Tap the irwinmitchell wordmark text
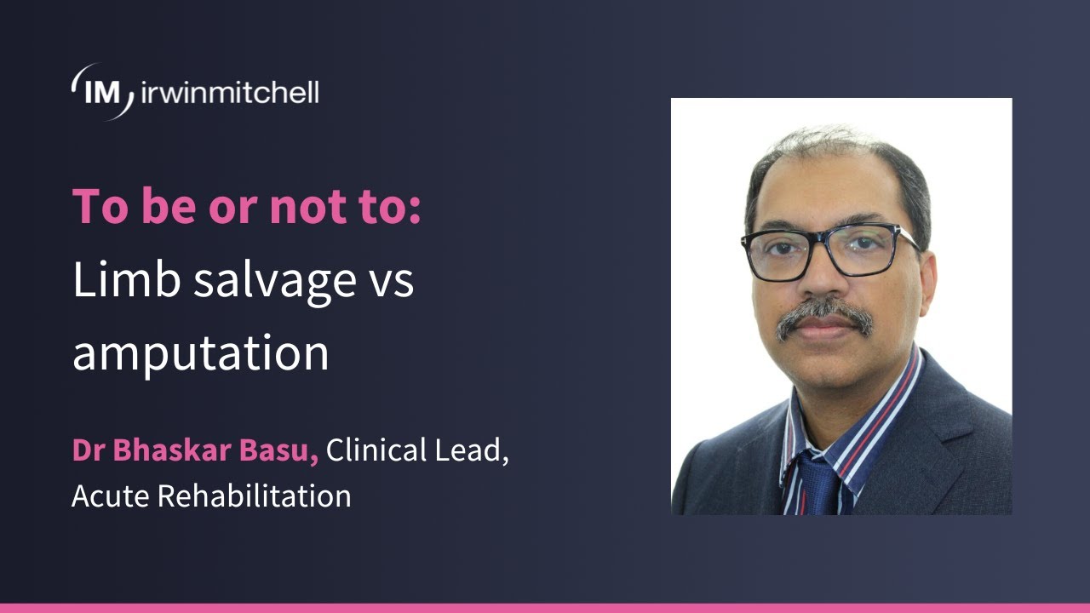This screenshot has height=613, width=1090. [227, 92]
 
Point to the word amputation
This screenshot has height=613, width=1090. [200, 352]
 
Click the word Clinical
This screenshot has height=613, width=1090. [376, 452]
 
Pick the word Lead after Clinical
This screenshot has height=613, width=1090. [472, 452]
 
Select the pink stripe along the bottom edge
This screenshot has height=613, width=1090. [545, 608]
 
